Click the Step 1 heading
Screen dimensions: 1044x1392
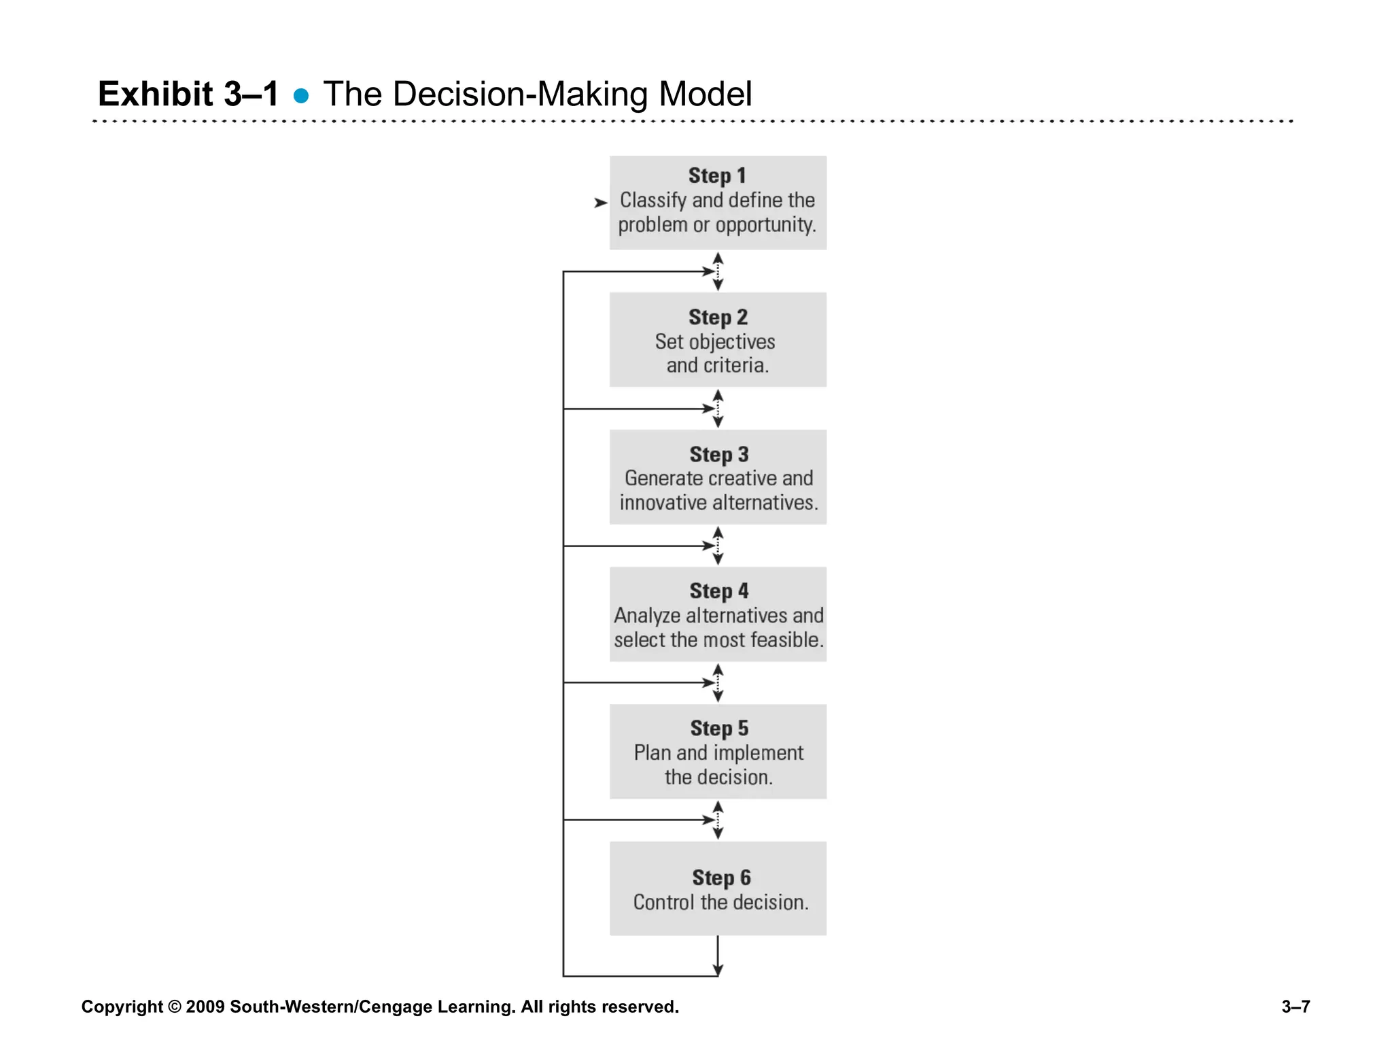[x=717, y=175]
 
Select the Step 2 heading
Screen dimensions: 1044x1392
[x=718, y=317]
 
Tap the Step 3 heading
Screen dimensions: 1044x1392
[x=718, y=454]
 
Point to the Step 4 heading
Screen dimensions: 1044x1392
[x=718, y=591]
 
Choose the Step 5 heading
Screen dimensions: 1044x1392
[x=719, y=728]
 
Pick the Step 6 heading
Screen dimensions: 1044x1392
[x=721, y=877]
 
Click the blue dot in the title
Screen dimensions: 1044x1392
[x=301, y=96]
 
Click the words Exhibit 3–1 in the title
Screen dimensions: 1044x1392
[x=188, y=94]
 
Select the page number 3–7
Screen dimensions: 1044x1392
[x=1295, y=1007]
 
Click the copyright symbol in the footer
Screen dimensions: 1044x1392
[x=175, y=1007]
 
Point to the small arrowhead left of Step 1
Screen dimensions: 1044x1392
[x=600, y=203]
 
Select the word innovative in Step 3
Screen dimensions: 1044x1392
[x=663, y=503]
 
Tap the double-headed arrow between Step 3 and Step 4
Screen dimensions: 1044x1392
[x=718, y=546]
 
